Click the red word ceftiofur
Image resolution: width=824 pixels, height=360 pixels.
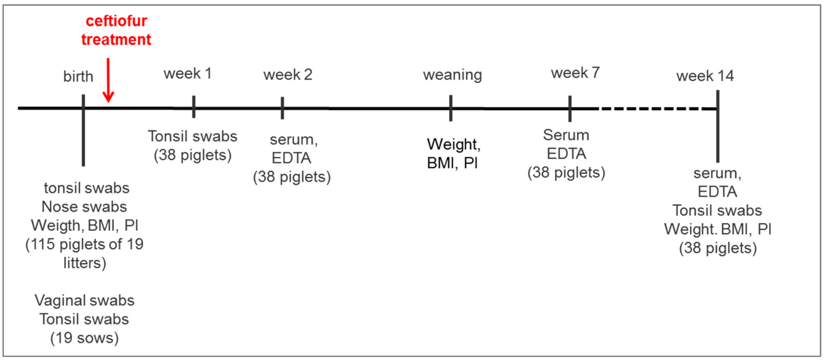coord(116,21)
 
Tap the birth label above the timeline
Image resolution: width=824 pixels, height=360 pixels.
coord(78,77)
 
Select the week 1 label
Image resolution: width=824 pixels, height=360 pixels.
coord(187,74)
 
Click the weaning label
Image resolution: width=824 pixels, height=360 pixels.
coord(452,75)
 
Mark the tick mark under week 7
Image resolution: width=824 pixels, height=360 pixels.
coord(570,109)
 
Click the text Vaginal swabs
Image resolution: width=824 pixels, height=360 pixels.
coord(85,300)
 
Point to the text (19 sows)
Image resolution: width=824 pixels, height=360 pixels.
coord(85,338)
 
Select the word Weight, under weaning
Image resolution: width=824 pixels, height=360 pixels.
coord(453,144)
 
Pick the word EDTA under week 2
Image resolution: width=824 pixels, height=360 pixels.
coord(291,158)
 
